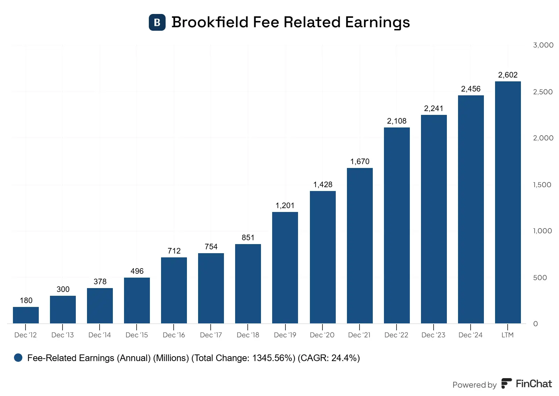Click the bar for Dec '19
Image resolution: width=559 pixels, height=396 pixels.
(285, 267)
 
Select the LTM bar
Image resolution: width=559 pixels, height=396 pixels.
(508, 203)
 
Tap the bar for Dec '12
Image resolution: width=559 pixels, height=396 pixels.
(26, 315)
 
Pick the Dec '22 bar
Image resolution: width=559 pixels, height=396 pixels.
(397, 225)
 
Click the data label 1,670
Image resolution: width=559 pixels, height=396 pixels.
(360, 161)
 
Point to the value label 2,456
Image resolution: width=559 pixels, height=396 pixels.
(471, 89)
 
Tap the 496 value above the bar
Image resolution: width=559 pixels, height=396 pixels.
(137, 271)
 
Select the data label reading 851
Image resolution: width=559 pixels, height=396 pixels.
(248, 237)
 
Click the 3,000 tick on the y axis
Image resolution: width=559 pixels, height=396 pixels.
(543, 45)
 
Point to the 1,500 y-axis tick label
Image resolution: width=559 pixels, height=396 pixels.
(542, 185)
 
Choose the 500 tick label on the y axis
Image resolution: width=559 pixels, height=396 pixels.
(540, 278)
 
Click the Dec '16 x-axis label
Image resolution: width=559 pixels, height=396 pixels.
(174, 335)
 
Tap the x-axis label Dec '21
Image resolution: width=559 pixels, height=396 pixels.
(359, 335)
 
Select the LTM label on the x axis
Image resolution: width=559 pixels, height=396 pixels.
(507, 335)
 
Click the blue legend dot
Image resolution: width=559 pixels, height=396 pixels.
(18, 358)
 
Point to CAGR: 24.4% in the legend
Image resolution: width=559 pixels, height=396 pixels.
(328, 358)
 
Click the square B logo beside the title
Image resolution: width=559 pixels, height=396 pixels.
(157, 22)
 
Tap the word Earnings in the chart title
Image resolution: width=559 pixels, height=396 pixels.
(377, 22)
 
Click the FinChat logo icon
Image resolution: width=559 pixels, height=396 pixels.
(506, 383)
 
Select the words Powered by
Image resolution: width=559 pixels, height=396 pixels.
(474, 385)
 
